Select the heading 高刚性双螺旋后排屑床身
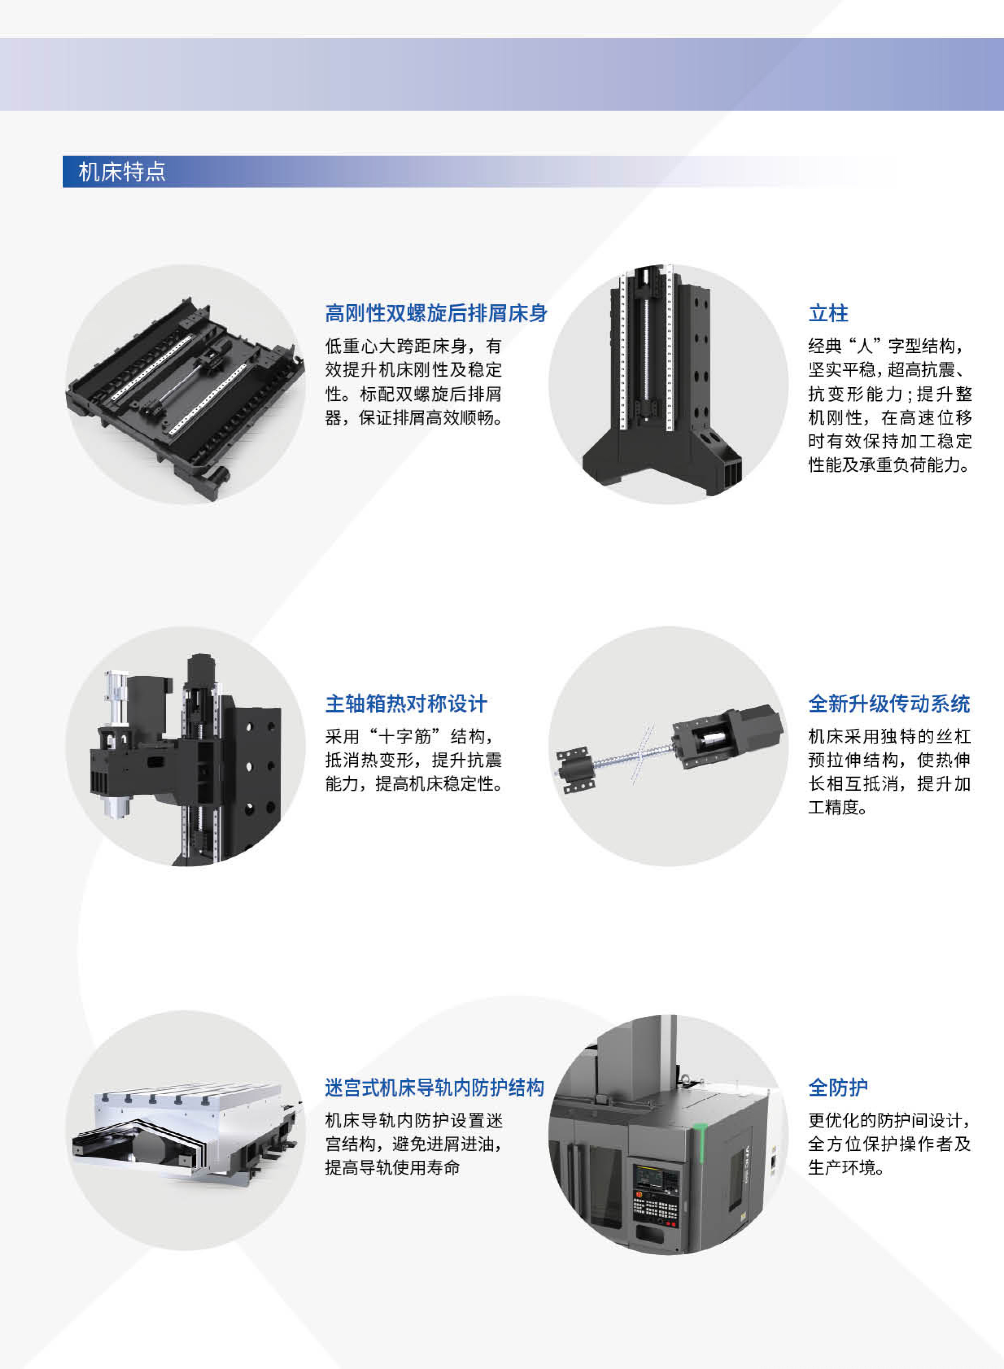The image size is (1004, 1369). tap(436, 313)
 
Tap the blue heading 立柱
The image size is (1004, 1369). tap(828, 313)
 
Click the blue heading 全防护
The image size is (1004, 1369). tap(838, 1088)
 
